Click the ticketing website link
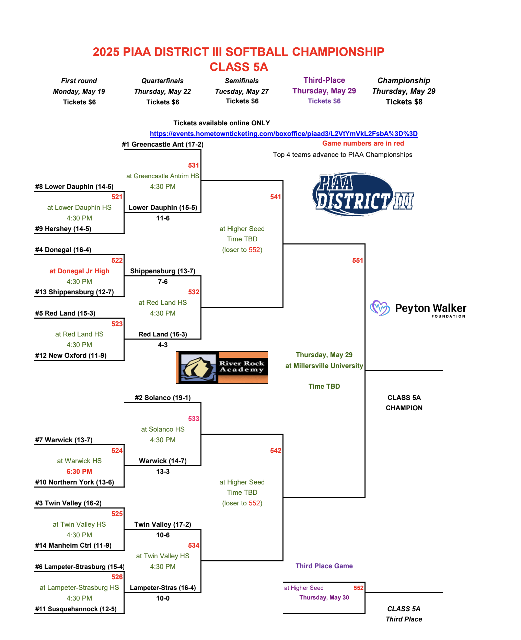click(x=284, y=134)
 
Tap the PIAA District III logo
click(x=363, y=194)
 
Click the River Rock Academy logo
click(x=222, y=367)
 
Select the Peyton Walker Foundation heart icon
click(x=380, y=308)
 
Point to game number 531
click(x=194, y=165)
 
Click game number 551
click(x=358, y=260)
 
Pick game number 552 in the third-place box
click(x=358, y=588)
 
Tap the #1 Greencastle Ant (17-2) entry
click(x=163, y=144)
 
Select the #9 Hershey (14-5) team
click(x=63, y=229)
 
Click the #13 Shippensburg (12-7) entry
click(x=74, y=292)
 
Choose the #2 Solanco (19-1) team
click(x=163, y=398)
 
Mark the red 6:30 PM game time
click(x=79, y=471)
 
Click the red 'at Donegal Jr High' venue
click(x=79, y=271)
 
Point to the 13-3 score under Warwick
click(x=163, y=471)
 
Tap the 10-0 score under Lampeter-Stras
click(x=163, y=598)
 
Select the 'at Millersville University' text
click(x=324, y=366)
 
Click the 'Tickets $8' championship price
click(x=404, y=102)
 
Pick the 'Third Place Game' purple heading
click(x=324, y=566)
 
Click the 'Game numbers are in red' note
click(x=363, y=143)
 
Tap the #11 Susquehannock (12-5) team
click(x=76, y=609)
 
